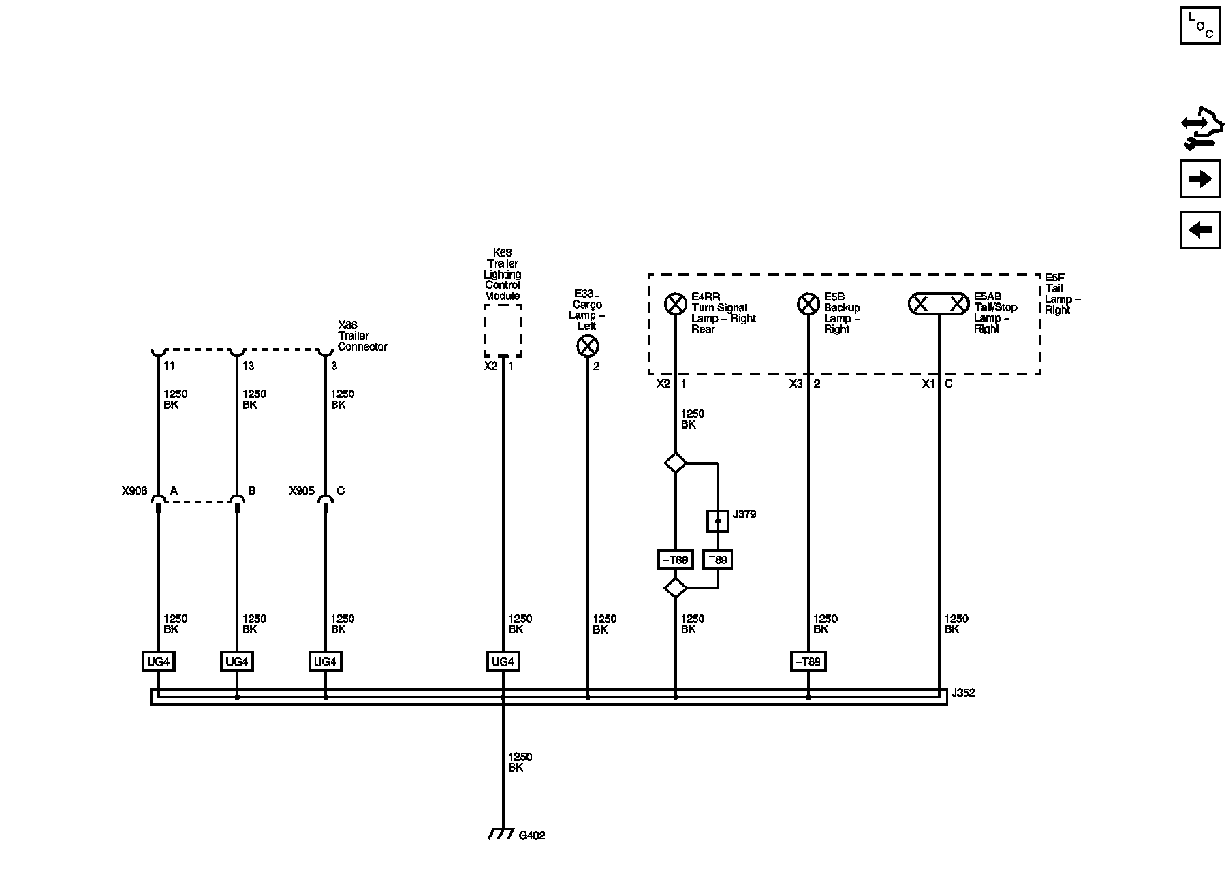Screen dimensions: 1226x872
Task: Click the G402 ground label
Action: (532, 836)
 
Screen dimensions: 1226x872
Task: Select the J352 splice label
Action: (964, 694)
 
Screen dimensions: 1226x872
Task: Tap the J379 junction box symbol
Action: (718, 521)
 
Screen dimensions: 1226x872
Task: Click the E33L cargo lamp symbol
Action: (587, 346)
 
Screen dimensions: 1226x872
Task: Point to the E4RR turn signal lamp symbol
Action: (675, 304)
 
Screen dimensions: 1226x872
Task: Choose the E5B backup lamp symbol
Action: (808, 304)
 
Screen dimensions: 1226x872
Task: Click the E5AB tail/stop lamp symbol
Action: (939, 304)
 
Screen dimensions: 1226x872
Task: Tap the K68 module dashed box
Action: (503, 330)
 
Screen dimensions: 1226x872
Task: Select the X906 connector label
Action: (134, 490)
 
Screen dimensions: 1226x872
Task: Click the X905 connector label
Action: (301, 490)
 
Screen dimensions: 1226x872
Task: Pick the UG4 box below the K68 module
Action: (503, 661)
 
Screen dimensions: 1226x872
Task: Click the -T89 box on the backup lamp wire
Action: (808, 661)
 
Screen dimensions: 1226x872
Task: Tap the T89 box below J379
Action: (718, 560)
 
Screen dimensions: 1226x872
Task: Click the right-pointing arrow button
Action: (1200, 179)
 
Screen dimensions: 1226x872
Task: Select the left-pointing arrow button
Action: (1200, 230)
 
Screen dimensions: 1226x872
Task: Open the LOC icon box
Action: (1200, 26)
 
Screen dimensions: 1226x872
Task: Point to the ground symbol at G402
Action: (501, 835)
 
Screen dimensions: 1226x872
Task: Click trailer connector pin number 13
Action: (248, 366)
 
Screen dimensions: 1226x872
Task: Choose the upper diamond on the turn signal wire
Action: (675, 463)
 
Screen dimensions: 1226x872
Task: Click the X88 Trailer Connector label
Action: (362, 336)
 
